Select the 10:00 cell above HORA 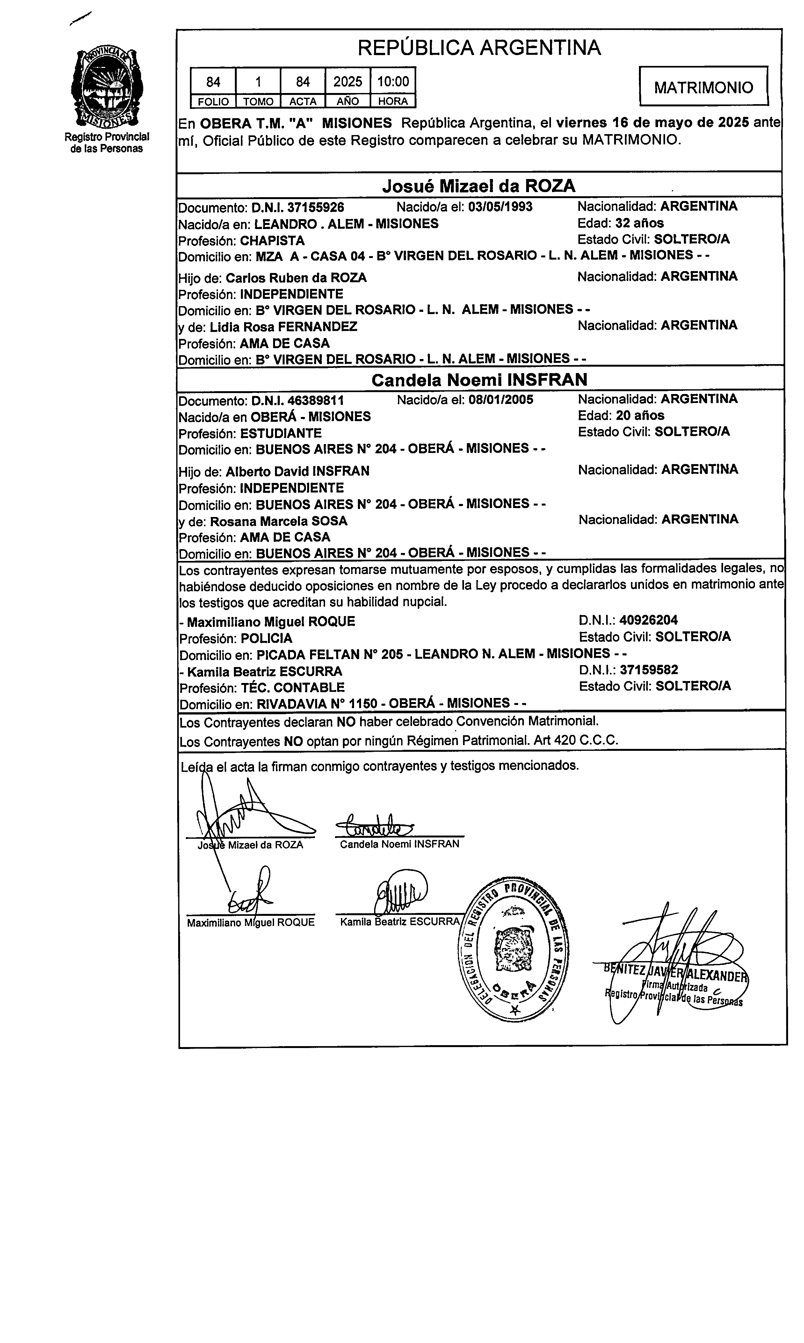[x=393, y=82]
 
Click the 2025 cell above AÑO [x=347, y=82]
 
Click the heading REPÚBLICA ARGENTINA [x=479, y=48]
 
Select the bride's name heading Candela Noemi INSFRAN [x=479, y=380]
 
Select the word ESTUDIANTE [x=281, y=433]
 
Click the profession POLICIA [x=266, y=638]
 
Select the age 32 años [x=639, y=223]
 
